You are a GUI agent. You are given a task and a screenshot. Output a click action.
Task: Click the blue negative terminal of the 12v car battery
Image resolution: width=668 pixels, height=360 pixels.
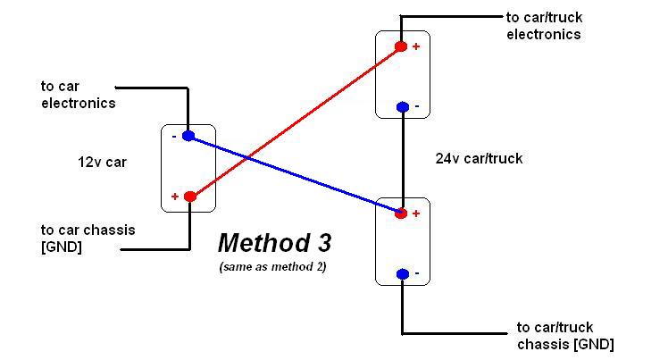coord(188,136)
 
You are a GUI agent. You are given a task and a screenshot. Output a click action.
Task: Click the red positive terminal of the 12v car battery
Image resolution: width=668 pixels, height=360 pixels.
coord(189,197)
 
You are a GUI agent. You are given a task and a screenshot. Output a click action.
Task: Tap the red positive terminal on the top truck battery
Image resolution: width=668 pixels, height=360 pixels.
coord(401,46)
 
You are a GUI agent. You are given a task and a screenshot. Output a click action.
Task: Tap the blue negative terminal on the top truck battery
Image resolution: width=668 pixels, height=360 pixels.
coord(402,107)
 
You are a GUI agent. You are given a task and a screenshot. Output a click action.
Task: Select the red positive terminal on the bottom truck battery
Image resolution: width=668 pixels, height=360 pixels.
coord(401,213)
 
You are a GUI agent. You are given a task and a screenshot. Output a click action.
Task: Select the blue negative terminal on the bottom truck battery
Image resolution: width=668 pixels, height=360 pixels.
coord(402,273)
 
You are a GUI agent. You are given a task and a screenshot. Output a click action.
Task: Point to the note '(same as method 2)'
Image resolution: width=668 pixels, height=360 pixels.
coord(271,267)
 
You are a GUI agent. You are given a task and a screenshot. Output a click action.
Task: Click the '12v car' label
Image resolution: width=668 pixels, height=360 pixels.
coord(103,163)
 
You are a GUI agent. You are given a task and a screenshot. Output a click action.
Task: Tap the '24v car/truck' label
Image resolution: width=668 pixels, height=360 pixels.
coord(479,158)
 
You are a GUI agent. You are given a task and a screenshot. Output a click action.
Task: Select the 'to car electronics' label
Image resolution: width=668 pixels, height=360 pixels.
coord(78,95)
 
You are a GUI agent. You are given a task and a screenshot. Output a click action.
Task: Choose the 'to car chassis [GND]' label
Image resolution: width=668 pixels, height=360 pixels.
coord(88,238)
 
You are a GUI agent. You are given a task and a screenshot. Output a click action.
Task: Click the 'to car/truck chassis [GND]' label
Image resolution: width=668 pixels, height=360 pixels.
coord(565,336)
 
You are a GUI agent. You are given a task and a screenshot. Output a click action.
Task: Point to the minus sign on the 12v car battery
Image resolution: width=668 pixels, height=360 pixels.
coord(174,137)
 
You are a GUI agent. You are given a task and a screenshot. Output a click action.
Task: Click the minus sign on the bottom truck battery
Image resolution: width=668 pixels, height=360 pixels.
coord(416,273)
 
